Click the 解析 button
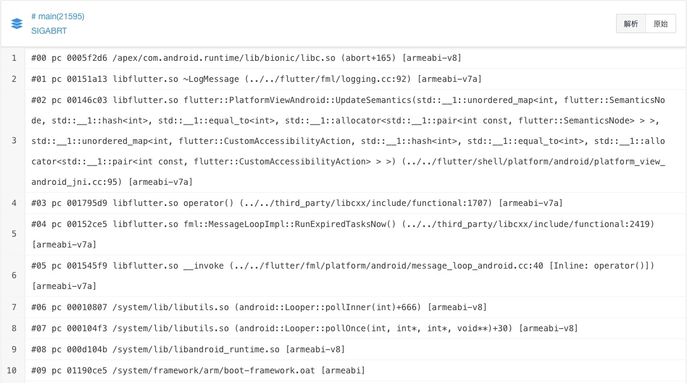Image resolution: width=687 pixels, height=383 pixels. click(x=631, y=23)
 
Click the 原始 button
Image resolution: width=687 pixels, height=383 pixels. click(x=661, y=23)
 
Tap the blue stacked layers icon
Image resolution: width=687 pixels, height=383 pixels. click(x=17, y=23)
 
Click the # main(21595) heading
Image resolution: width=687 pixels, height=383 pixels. click(x=58, y=17)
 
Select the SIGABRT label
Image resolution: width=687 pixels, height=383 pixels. click(x=49, y=31)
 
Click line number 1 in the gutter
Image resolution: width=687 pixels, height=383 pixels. click(x=14, y=58)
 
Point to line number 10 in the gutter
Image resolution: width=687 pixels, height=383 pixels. click(x=12, y=371)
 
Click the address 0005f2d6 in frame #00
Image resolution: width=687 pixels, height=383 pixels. click(x=87, y=58)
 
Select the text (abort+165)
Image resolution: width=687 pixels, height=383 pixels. click(x=369, y=58)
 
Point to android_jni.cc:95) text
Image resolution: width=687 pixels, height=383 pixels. click(x=76, y=182)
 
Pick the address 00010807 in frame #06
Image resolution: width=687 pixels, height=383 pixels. click(x=87, y=308)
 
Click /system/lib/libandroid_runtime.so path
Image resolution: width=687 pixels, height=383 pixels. click(x=196, y=350)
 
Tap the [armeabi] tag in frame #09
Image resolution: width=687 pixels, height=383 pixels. click(x=343, y=371)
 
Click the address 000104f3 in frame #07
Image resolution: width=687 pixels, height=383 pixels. click(x=87, y=329)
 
